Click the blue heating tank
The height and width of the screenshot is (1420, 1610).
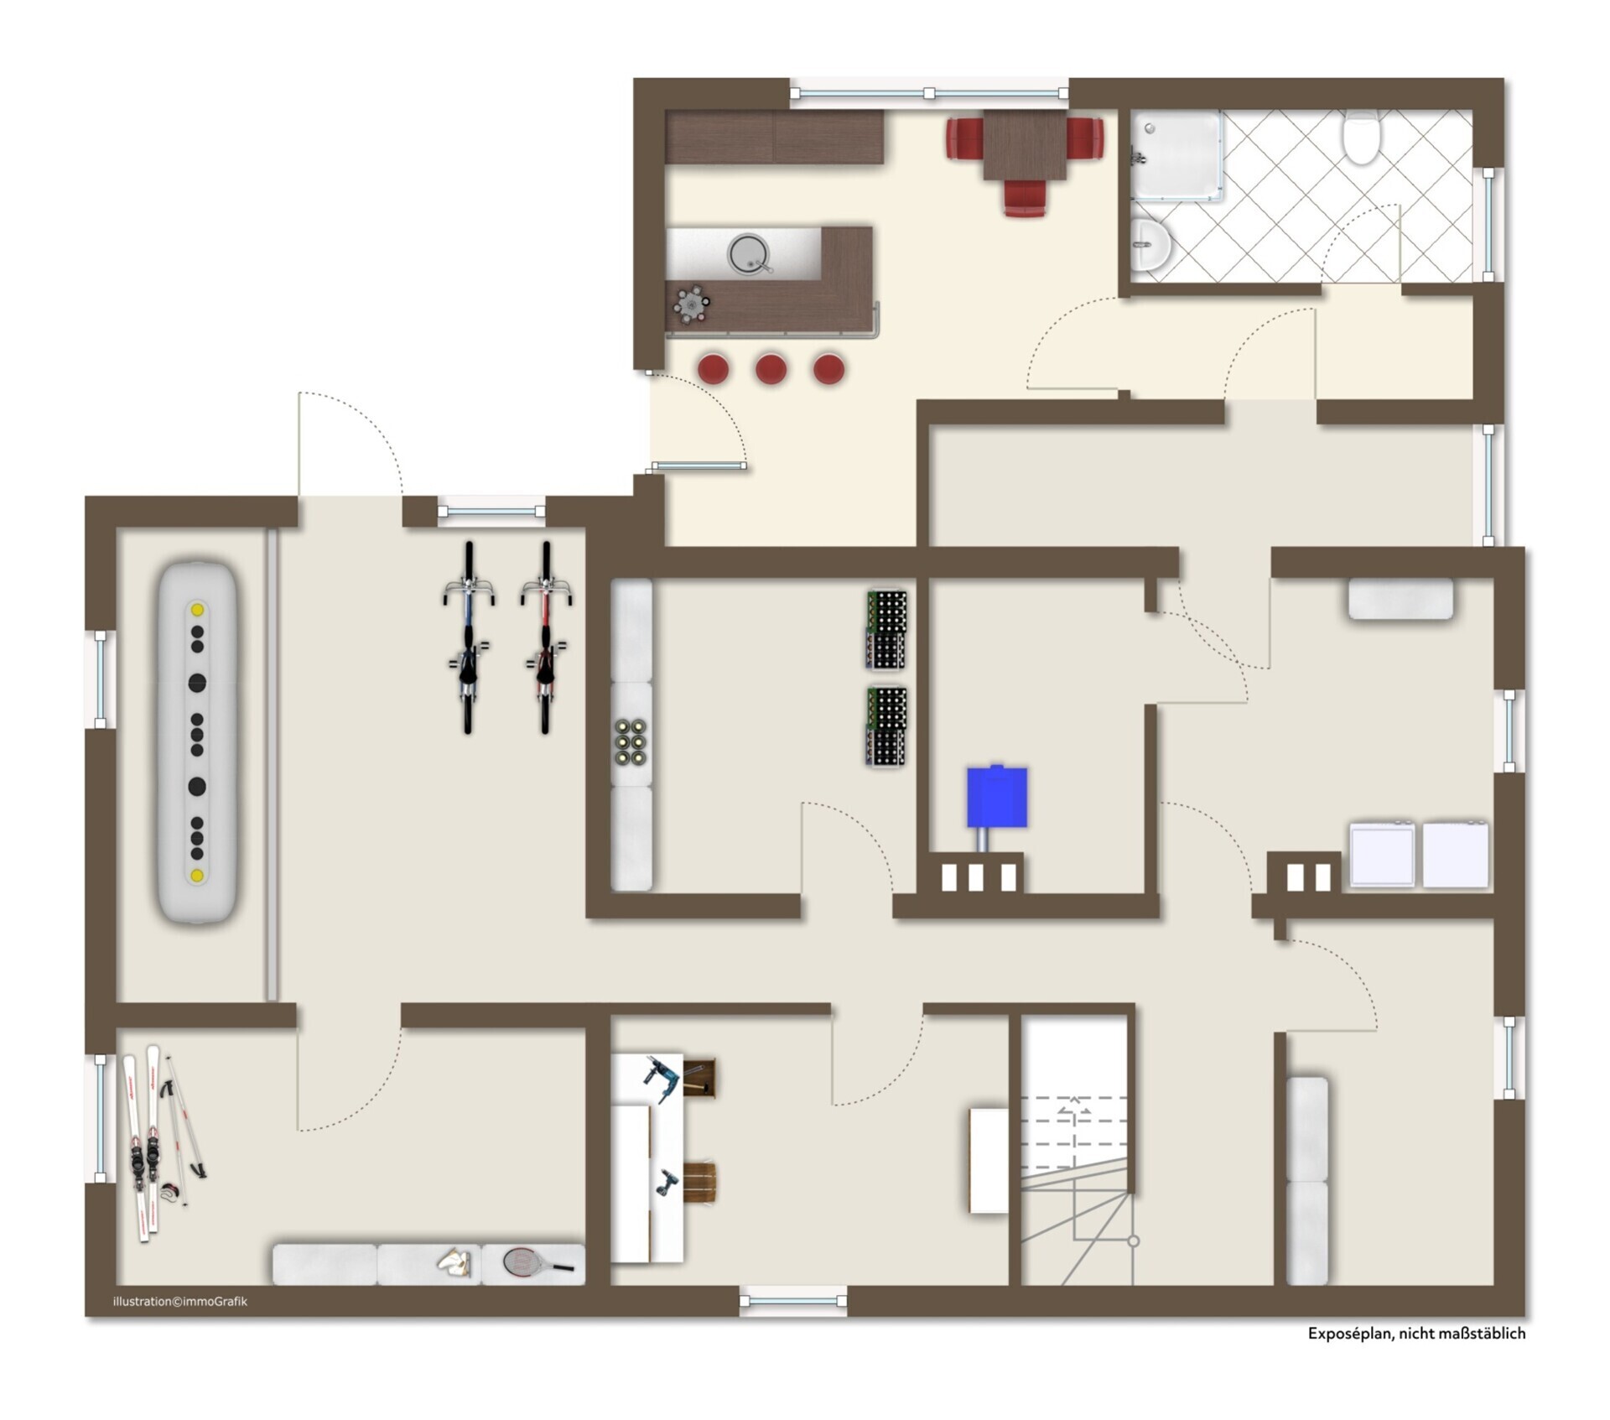click(997, 796)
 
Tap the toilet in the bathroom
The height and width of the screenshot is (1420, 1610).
click(1359, 137)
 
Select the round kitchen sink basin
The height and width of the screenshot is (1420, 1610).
click(748, 252)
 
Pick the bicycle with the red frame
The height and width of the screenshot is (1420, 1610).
click(546, 637)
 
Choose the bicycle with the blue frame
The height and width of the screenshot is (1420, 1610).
click(469, 637)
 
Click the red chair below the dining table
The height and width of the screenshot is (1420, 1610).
click(1026, 198)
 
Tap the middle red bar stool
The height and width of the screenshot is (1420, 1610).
click(771, 368)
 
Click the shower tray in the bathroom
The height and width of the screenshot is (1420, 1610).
click(1176, 156)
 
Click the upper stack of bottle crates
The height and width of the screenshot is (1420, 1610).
click(886, 630)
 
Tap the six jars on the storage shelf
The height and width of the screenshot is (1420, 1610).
click(631, 741)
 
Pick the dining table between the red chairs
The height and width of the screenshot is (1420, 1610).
click(1025, 145)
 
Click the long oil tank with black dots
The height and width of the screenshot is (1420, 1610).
click(197, 743)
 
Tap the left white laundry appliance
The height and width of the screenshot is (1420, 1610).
click(1382, 854)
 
